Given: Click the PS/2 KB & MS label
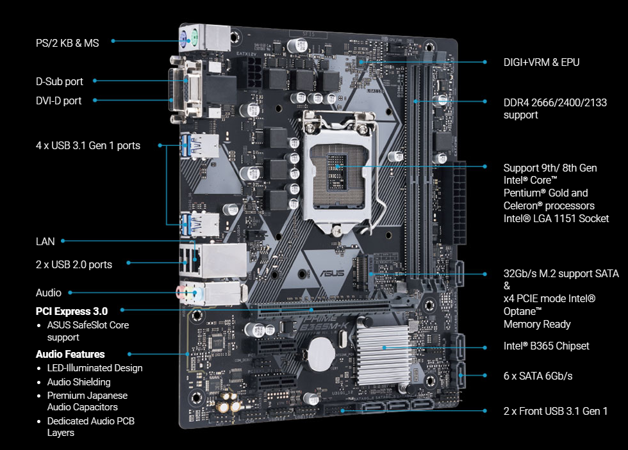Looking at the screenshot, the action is [67, 43].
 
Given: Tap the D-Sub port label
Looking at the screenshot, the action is [59, 81].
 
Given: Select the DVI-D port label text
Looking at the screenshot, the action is [58, 100].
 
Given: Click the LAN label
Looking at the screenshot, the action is [45, 241].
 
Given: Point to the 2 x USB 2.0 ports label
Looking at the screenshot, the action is [74, 264].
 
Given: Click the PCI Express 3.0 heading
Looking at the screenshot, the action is [72, 311].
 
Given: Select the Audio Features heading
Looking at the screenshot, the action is [70, 354].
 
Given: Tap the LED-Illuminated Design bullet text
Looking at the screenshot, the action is [95, 368].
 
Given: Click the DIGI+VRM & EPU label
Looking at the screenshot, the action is [541, 62].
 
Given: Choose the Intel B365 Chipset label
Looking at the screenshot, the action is [546, 346].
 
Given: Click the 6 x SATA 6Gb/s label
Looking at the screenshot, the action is [538, 376].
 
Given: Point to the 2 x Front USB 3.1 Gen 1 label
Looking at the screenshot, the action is [556, 411].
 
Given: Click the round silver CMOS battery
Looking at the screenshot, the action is [320, 353].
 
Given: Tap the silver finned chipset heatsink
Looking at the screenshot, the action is [382, 355].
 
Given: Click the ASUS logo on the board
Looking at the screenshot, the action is [333, 273].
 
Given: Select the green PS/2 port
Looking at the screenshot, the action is [194, 40].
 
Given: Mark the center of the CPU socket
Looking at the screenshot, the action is [338, 176].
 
